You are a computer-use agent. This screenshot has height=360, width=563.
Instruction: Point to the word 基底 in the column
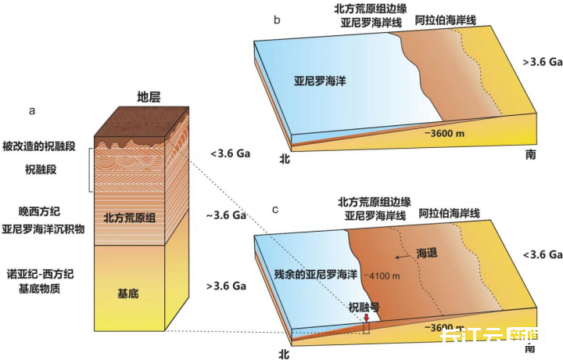(128, 294)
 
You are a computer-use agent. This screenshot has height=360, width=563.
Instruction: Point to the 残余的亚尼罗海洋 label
(314, 275)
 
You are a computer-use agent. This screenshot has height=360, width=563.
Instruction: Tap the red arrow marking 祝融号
(366, 316)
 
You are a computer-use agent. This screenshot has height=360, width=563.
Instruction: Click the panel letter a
(32, 110)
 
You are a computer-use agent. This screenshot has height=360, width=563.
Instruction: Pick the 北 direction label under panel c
(285, 353)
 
